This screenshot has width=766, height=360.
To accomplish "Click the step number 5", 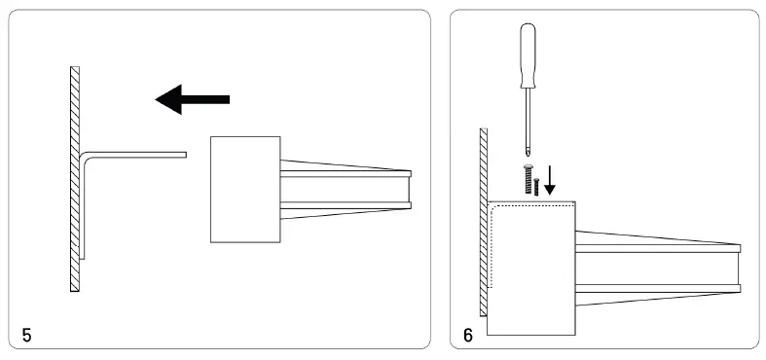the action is click(x=26, y=336).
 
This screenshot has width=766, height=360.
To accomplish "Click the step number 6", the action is click(x=468, y=336).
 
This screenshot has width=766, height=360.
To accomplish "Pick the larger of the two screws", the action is click(x=529, y=180).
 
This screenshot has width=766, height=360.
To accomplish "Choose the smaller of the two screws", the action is click(x=537, y=187).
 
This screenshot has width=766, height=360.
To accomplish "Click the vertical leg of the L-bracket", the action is click(x=83, y=209).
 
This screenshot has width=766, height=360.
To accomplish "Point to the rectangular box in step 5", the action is click(x=245, y=189).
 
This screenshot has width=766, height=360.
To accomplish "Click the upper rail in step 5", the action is click(x=346, y=174).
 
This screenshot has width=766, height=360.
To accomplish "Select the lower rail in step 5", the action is click(x=346, y=206).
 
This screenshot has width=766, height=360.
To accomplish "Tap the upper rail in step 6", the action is click(x=657, y=248).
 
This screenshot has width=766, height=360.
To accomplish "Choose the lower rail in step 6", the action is click(x=657, y=288).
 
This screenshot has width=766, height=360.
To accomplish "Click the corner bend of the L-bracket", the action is click(x=84, y=156).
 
